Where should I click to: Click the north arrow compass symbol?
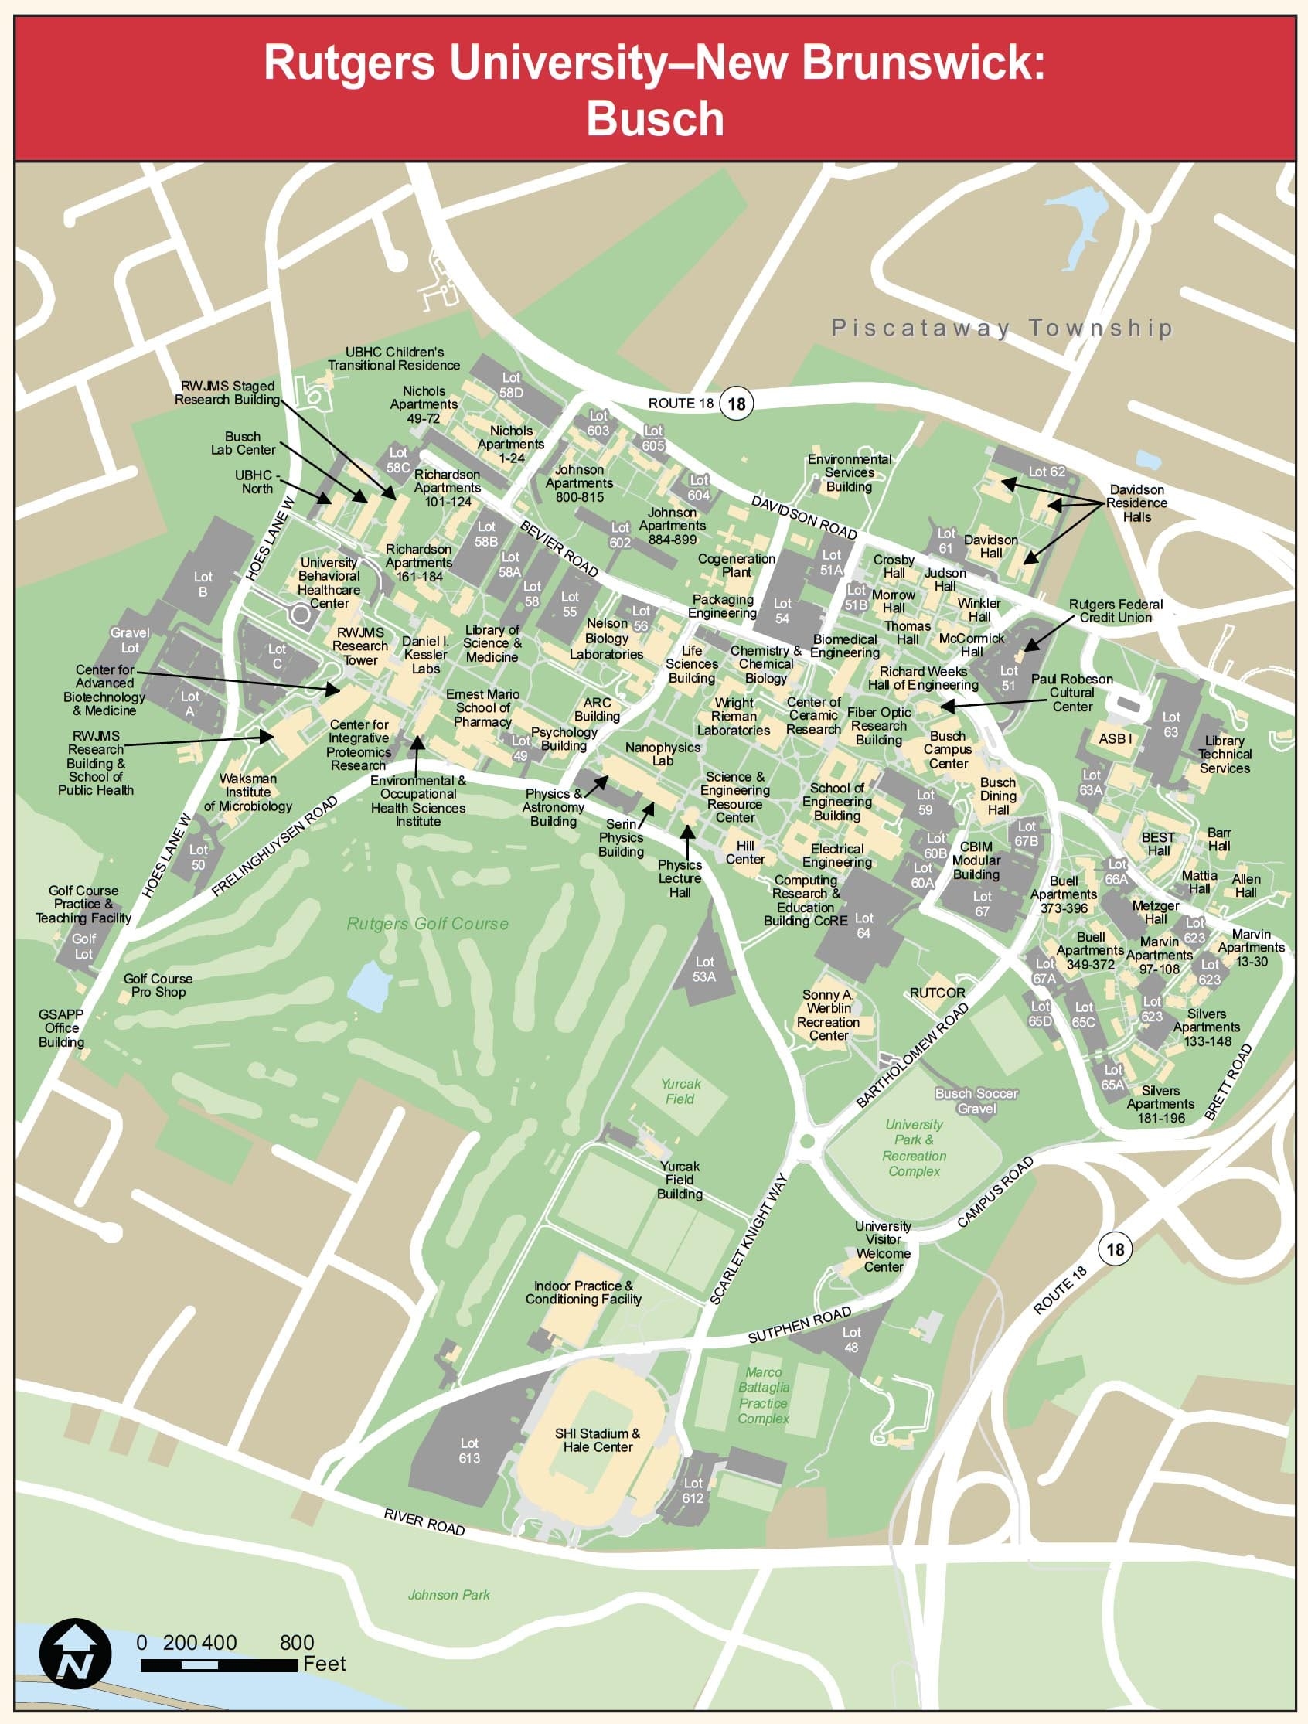click(x=75, y=1654)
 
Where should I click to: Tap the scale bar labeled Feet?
click(x=219, y=1665)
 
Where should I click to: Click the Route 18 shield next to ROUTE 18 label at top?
click(x=736, y=403)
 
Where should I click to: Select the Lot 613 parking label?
click(x=469, y=1450)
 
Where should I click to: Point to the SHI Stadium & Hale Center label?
click(x=597, y=1440)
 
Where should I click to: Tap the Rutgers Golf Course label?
click(x=427, y=924)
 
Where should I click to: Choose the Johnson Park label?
click(x=449, y=1595)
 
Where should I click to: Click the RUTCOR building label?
click(x=937, y=992)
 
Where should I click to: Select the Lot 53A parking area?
click(x=704, y=969)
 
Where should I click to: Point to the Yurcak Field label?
click(x=680, y=1091)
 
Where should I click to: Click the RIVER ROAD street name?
click(x=424, y=1521)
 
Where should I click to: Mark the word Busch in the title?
click(x=655, y=118)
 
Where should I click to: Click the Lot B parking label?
click(x=203, y=584)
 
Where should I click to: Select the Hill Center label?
click(x=745, y=852)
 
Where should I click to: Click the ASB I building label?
click(x=1115, y=738)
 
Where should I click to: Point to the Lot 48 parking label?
click(x=851, y=1339)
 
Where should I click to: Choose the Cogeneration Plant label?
click(x=736, y=565)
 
